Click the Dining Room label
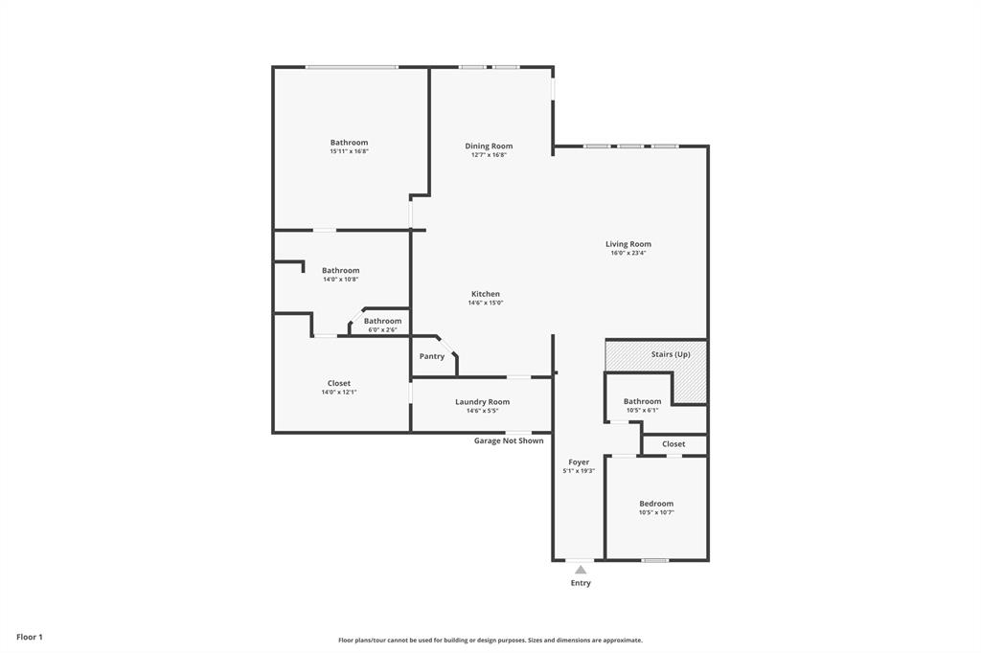click(489, 146)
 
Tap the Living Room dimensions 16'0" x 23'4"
click(628, 253)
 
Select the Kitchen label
click(486, 294)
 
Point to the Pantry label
click(432, 356)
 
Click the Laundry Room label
click(482, 402)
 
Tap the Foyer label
click(579, 462)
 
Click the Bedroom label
click(656, 504)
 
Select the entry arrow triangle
click(581, 570)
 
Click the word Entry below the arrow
click(581, 583)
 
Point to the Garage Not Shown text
click(509, 441)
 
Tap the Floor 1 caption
click(30, 637)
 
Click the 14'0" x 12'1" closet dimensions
click(339, 392)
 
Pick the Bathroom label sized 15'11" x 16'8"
click(349, 143)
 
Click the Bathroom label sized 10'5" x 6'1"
click(642, 401)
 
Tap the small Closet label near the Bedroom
click(673, 444)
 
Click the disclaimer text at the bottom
click(490, 641)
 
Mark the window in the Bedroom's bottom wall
click(655, 560)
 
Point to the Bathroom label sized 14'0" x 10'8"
click(340, 271)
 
